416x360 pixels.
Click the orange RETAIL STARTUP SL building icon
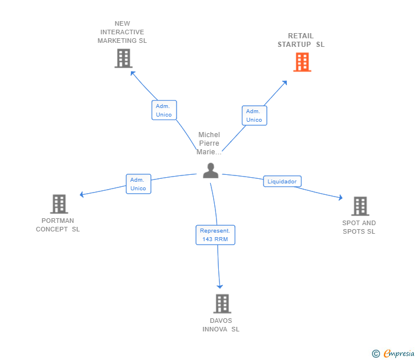click(302, 62)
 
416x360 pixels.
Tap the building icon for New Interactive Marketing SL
click(123, 58)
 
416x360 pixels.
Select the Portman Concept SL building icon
click(59, 204)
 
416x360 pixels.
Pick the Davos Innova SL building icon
click(222, 303)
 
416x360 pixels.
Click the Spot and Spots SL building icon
click(360, 206)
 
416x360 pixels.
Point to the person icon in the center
click(211, 171)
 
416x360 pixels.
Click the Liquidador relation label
click(282, 182)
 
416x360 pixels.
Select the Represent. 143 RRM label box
click(215, 235)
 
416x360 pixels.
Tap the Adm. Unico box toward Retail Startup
click(254, 115)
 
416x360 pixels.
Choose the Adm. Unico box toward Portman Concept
click(138, 184)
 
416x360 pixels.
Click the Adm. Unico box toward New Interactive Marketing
click(164, 110)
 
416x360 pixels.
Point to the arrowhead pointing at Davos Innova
click(219, 286)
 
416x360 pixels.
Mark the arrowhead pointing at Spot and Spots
click(341, 197)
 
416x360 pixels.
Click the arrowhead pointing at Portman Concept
click(82, 195)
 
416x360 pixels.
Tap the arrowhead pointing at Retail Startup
click(285, 83)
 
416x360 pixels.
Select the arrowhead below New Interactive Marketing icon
click(133, 74)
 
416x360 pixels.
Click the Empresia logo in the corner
click(393, 353)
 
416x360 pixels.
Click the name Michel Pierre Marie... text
click(209, 143)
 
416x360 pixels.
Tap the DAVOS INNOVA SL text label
click(221, 325)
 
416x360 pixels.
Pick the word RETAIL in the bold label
click(301, 36)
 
